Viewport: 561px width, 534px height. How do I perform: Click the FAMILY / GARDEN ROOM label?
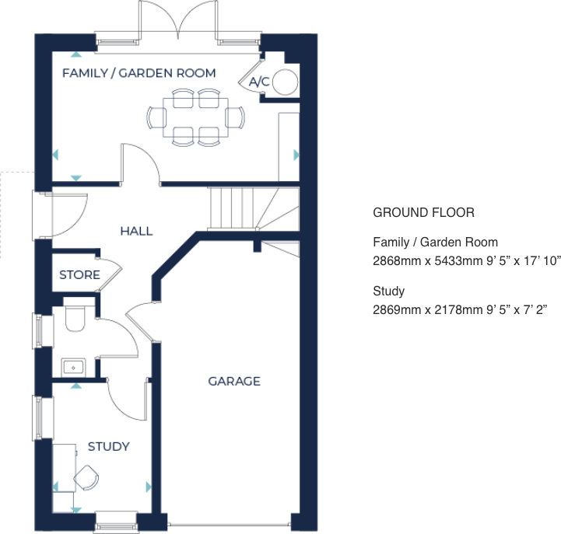(x=138, y=74)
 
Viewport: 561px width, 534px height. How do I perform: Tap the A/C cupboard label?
(x=258, y=81)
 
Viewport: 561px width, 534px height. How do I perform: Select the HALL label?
(x=136, y=231)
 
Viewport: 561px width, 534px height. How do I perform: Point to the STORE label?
(x=79, y=275)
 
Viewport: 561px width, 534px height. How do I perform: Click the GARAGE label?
(x=233, y=381)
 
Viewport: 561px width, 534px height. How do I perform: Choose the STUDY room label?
(x=108, y=446)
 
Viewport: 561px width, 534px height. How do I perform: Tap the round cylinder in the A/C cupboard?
(x=286, y=82)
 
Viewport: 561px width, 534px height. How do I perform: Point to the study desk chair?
(x=87, y=477)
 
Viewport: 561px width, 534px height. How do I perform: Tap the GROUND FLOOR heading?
(x=423, y=212)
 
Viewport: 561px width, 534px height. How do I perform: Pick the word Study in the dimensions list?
(x=389, y=291)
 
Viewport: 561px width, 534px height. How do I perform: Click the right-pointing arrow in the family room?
(x=296, y=155)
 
